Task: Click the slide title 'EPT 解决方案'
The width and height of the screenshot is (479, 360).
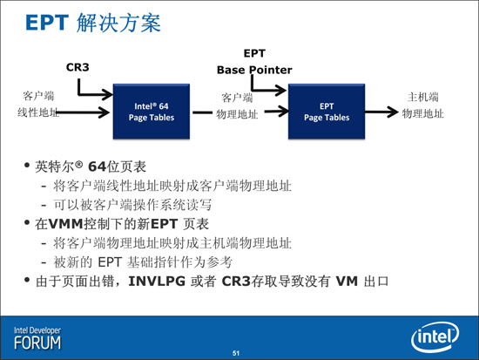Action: click(x=93, y=23)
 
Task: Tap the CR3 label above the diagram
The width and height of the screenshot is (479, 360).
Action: click(x=78, y=67)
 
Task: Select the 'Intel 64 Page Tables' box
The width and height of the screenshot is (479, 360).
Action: click(x=152, y=112)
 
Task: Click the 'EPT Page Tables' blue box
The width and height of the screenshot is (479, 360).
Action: click(x=327, y=112)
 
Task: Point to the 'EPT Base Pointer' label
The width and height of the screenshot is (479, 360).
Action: click(x=254, y=62)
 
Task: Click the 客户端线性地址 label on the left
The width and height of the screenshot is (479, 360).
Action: click(x=38, y=105)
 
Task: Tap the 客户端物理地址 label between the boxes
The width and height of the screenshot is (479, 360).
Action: click(x=237, y=105)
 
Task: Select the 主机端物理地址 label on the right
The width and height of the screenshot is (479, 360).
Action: click(x=422, y=105)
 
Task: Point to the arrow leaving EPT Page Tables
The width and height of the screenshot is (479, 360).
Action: click(x=381, y=112)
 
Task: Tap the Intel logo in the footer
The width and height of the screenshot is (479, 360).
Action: click(x=435, y=337)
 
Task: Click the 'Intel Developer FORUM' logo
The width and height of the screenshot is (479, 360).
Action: click(x=37, y=338)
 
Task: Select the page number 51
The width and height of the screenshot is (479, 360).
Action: click(x=236, y=353)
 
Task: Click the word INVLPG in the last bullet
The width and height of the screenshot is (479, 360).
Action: click(x=157, y=281)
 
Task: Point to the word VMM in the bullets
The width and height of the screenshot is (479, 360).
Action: click(x=65, y=224)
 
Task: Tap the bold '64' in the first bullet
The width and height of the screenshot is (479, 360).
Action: click(x=98, y=166)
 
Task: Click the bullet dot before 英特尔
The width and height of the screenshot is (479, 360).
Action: click(x=27, y=166)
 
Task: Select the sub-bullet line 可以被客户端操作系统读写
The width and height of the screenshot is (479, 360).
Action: click(x=132, y=205)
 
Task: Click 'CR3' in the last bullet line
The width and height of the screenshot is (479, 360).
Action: click(x=236, y=281)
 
